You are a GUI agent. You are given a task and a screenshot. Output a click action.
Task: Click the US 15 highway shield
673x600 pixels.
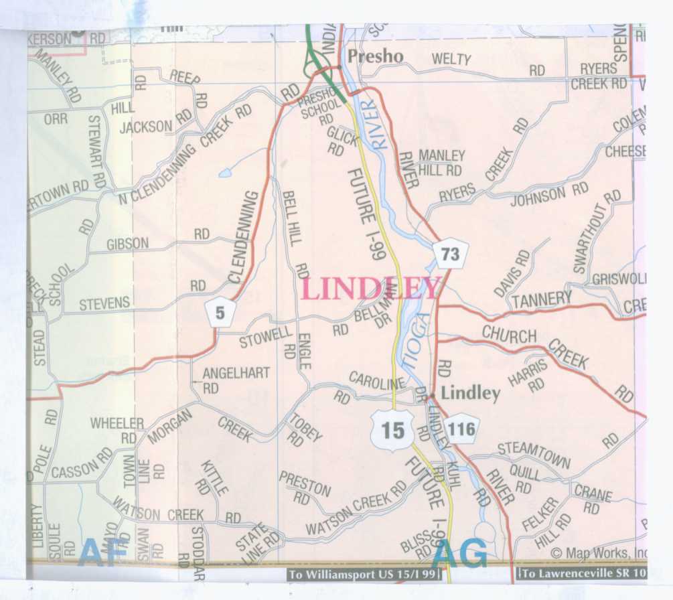(x=392, y=430)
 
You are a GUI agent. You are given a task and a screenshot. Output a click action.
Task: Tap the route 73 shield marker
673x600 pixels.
(x=451, y=254)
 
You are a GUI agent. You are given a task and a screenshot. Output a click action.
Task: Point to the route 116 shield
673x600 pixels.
(x=463, y=429)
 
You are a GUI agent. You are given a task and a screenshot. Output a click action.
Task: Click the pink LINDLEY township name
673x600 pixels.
(x=370, y=289)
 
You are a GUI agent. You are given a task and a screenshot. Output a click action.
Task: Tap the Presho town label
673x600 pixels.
(x=376, y=56)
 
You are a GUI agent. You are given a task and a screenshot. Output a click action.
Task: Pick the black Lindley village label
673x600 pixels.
(x=471, y=393)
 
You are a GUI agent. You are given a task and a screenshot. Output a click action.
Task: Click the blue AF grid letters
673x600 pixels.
(x=102, y=552)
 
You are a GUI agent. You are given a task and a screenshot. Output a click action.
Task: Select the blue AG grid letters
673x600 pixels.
(x=459, y=554)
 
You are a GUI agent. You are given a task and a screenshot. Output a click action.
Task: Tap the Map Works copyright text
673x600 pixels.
(x=599, y=553)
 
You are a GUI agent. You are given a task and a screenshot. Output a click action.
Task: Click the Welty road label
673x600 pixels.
(x=451, y=60)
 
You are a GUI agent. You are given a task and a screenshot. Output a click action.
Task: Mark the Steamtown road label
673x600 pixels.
(x=534, y=454)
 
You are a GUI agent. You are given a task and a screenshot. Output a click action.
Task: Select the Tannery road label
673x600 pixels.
(x=542, y=299)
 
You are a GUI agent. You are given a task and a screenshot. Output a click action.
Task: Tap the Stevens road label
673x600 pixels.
(x=104, y=305)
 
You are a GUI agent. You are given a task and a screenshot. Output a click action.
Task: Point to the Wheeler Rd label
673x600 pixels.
(x=118, y=429)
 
